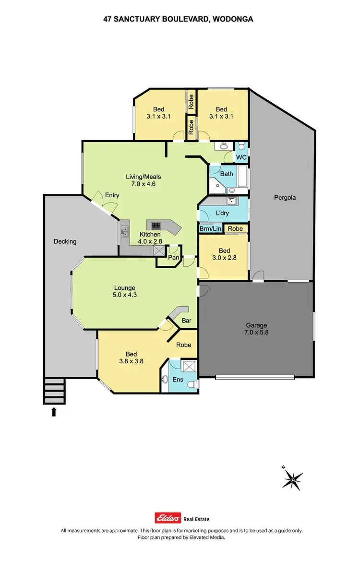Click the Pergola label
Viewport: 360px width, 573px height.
[x=285, y=197]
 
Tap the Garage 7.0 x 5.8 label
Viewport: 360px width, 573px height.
[x=257, y=328]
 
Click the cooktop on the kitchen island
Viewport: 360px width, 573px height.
[x=157, y=225]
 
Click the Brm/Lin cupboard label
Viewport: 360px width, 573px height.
[x=210, y=229]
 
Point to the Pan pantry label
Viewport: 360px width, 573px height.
[x=173, y=258]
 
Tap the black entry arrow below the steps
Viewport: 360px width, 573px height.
[x=54, y=411]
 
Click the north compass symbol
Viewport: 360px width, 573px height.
[x=292, y=479]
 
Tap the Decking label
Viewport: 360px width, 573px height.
[x=65, y=241]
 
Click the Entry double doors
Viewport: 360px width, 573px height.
[x=107, y=203]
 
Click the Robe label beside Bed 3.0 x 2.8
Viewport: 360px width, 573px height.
[x=235, y=229]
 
